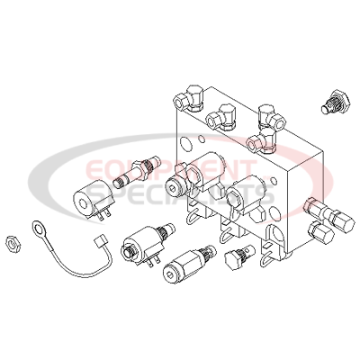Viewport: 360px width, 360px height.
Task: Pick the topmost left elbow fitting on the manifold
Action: click(189, 98)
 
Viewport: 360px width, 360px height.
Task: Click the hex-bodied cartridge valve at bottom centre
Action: click(187, 263)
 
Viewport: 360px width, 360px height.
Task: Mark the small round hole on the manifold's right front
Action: click(274, 181)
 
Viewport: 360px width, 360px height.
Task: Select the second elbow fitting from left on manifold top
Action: click(221, 118)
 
